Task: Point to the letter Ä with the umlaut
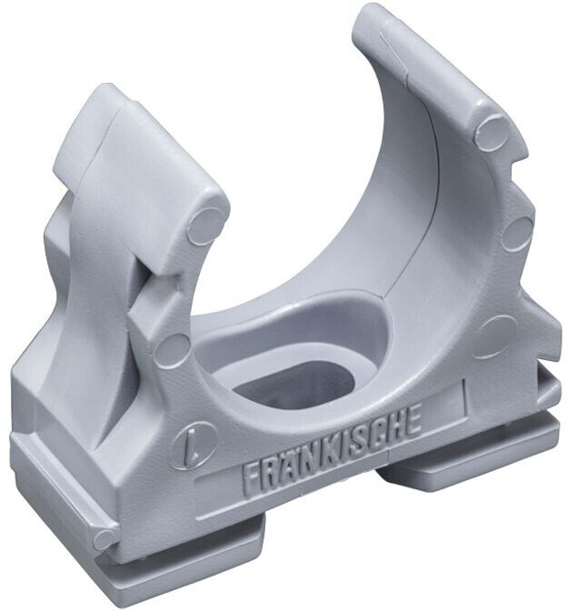[x=291, y=465]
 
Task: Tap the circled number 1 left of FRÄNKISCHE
[x=192, y=446]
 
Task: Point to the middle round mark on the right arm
[x=517, y=233]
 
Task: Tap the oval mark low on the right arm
[x=495, y=335]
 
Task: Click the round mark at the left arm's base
[x=172, y=349]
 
